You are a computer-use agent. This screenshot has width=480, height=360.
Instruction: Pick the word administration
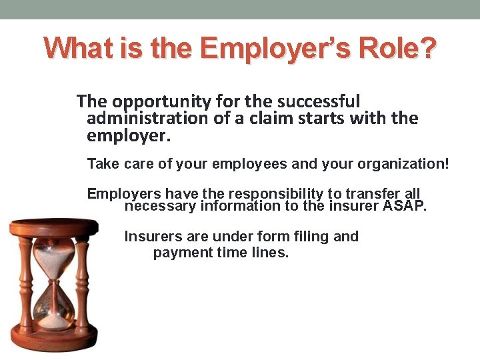tap(148, 119)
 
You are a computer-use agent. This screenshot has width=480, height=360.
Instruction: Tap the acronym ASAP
tap(404, 205)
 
